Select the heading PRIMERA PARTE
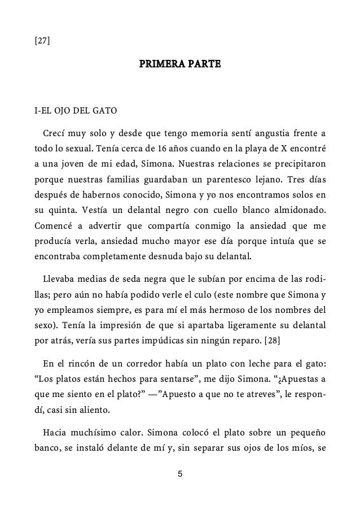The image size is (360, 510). pyautogui.click(x=180, y=66)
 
